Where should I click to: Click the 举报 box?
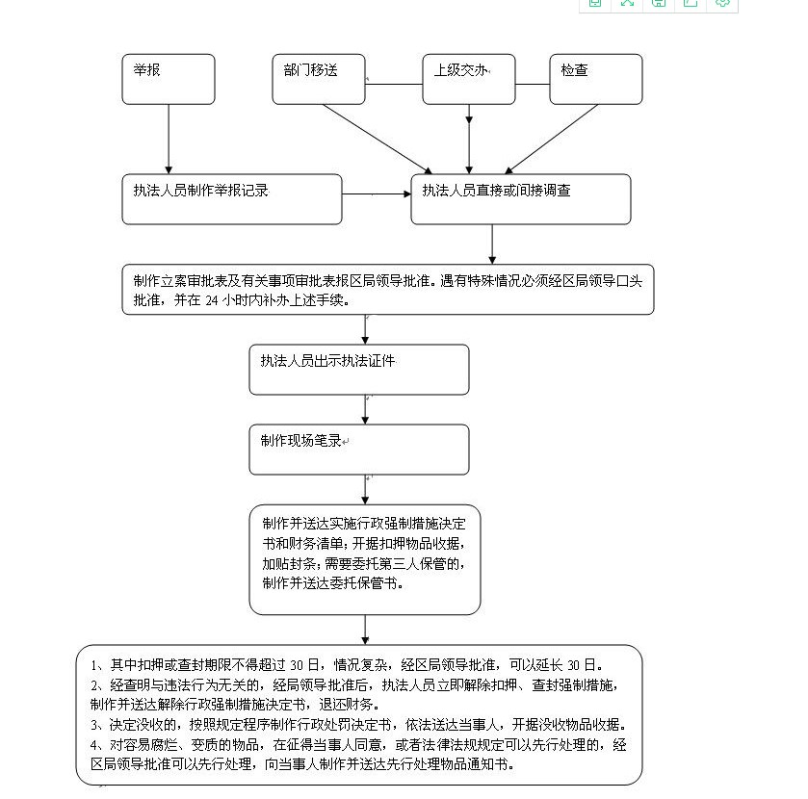169,79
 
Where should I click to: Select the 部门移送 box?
319,79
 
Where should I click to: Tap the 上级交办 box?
469,79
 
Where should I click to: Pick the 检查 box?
596,79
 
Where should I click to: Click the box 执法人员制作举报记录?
232,199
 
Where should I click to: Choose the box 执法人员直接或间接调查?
521,199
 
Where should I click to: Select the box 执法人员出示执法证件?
359,370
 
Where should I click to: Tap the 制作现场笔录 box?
359,450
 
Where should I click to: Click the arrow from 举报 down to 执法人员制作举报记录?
169,139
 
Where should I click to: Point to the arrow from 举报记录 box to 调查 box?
377,194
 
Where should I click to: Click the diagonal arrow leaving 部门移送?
378,139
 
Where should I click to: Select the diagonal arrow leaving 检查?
552,139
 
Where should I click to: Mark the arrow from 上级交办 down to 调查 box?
469,139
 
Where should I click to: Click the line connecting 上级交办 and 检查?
533,84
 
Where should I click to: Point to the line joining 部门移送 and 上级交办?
394,84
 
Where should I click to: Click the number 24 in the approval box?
212,301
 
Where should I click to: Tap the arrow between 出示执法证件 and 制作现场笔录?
365,409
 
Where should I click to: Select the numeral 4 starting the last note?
93,745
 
